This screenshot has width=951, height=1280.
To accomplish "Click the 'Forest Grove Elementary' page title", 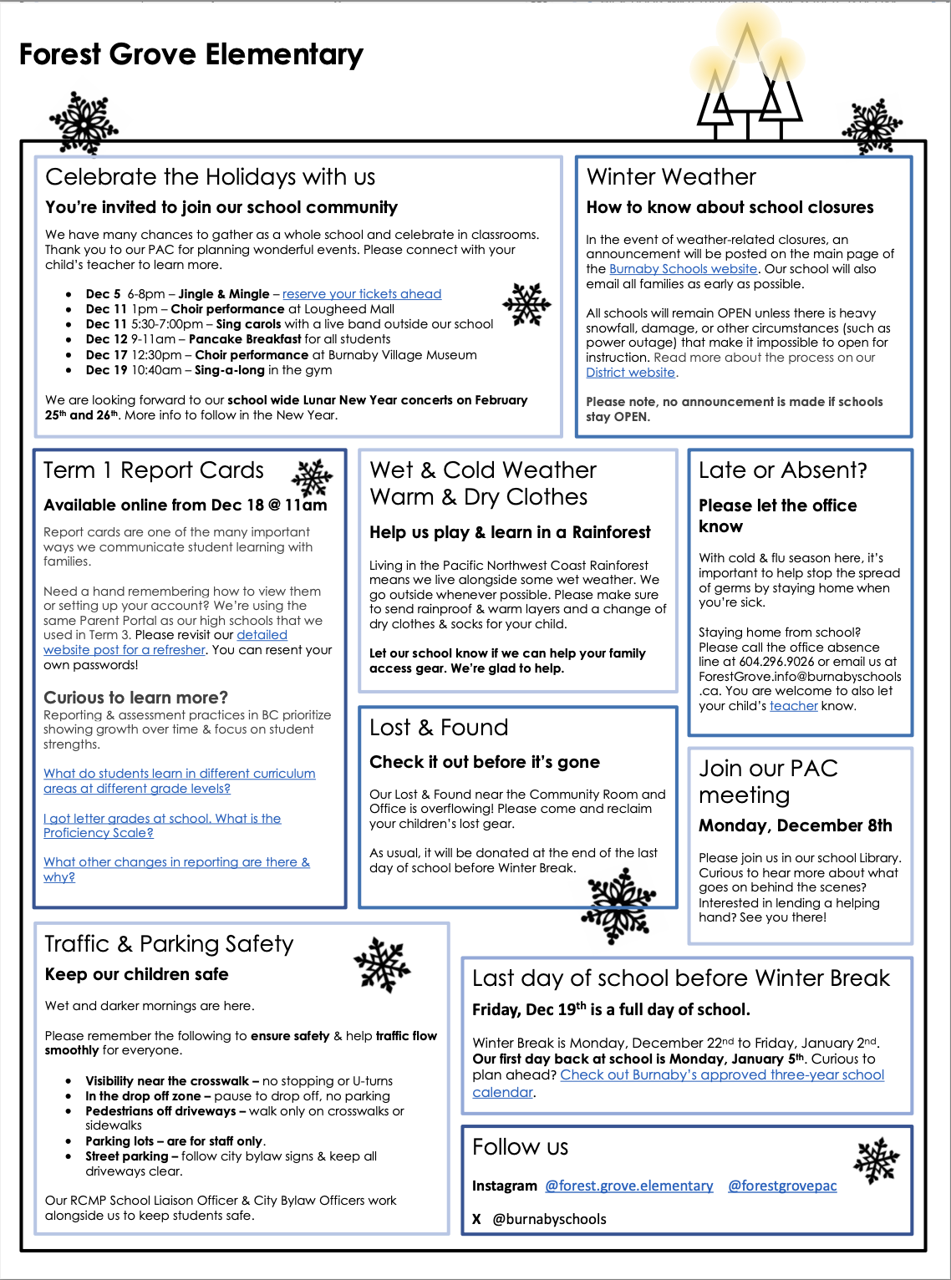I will point(191,55).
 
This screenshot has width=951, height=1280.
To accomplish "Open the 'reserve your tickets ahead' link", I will point(362,294).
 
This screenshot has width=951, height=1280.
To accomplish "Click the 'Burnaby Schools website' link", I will point(683,269).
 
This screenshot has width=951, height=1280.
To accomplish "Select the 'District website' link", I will point(630,373).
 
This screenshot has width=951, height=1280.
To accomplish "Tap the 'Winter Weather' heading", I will point(671,177).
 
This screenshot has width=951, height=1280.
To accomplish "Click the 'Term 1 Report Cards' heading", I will point(154,470).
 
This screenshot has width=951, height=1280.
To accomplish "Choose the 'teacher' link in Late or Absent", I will point(793,706).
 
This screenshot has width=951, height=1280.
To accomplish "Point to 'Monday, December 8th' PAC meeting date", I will point(795,825).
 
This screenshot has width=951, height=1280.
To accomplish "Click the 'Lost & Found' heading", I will point(439,728).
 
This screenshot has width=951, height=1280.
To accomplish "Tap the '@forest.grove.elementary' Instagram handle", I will point(629,1186).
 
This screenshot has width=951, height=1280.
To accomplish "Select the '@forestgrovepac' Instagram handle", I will point(782,1186).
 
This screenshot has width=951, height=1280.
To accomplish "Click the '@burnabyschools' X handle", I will point(550,1219).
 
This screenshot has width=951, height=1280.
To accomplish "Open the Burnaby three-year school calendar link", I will point(722,1075).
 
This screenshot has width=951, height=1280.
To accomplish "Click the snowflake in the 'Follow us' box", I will point(876,1161).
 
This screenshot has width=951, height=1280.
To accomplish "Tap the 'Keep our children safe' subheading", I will point(136,974).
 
